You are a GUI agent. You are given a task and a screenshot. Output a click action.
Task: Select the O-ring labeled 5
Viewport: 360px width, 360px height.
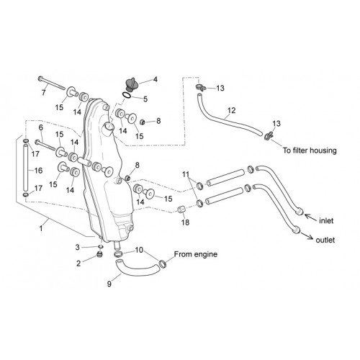point(127,95)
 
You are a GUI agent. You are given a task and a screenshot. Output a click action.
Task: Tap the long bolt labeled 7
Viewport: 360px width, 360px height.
point(52,83)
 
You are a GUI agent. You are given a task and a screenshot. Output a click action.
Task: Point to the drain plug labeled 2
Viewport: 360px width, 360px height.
point(99,254)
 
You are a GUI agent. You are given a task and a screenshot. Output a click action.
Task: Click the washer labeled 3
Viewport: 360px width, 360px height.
point(101,246)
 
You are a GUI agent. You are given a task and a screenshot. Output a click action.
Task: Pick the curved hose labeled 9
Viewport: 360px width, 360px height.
point(137,267)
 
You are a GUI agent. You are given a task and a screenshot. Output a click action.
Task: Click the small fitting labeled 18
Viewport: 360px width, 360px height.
point(181,209)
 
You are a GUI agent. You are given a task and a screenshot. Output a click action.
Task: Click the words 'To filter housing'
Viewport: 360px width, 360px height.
point(310,150)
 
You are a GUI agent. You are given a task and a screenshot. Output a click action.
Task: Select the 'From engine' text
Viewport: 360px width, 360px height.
point(196,254)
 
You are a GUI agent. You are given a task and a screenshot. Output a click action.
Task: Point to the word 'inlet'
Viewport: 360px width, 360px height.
point(326,220)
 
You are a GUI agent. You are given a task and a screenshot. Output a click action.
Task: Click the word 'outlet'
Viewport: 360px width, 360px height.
point(325,240)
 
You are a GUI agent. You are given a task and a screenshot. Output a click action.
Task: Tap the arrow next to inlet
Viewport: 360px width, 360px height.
point(310,217)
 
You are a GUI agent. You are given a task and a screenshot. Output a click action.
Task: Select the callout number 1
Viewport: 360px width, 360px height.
point(41,228)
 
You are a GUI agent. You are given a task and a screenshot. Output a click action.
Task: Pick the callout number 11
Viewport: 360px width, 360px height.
point(186,174)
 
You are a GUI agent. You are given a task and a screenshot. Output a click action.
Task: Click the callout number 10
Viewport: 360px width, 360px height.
point(139,250)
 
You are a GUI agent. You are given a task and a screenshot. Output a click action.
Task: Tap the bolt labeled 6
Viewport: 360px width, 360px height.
point(46,145)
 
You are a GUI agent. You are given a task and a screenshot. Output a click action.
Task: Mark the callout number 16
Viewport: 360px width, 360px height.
point(38,171)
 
